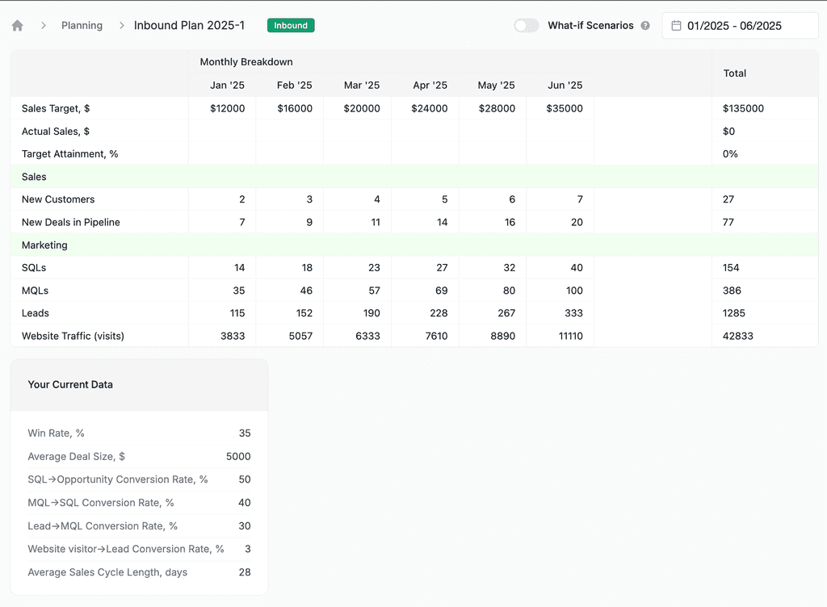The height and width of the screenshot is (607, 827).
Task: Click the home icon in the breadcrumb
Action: [x=18, y=26]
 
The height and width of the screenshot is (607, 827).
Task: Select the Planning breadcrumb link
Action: [x=82, y=26]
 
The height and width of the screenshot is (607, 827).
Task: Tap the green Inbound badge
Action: [x=291, y=26]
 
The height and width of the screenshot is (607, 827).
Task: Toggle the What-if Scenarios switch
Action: [x=527, y=26]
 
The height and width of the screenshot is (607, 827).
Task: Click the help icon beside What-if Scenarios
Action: [x=645, y=26]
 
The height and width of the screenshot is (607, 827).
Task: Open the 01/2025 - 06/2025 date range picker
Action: [x=740, y=26]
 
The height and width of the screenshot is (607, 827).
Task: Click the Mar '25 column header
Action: [x=361, y=86]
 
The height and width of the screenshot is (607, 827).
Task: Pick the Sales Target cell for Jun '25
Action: [x=564, y=108]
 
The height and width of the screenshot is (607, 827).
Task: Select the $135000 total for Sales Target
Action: [x=743, y=108]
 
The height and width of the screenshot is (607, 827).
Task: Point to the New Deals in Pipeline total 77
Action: [x=728, y=222]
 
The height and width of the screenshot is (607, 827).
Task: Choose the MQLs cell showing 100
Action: [x=573, y=291]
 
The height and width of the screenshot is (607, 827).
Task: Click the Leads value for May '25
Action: [x=506, y=313]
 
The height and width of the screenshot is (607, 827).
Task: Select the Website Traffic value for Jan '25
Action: [x=233, y=336]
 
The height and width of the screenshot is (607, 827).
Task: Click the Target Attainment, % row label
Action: [x=70, y=153]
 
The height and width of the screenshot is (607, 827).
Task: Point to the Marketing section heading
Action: [x=44, y=245]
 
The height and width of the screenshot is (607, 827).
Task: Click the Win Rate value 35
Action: [x=245, y=433]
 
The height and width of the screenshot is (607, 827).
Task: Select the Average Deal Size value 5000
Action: [x=238, y=456]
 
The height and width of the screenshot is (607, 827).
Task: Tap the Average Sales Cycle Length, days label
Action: [x=107, y=572]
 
